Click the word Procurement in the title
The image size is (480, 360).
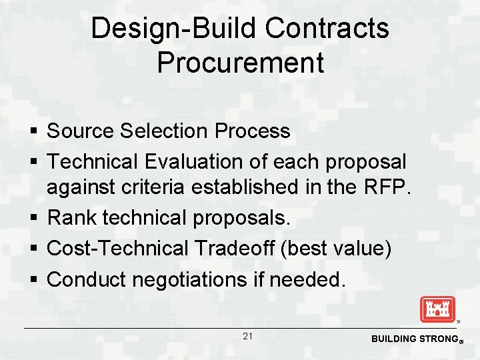pos(240,63)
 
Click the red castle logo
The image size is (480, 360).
pos(437,310)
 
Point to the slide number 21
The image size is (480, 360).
pos(247,337)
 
